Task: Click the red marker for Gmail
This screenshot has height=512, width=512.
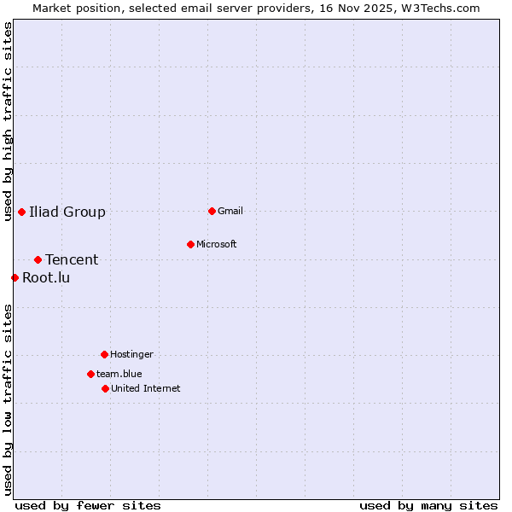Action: click(x=212, y=211)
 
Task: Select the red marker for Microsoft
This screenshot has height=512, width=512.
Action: click(x=190, y=244)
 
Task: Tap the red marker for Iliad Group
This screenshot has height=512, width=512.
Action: click(x=21, y=212)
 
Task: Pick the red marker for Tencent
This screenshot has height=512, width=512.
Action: click(x=38, y=259)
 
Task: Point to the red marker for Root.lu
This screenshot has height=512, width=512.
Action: click(x=15, y=277)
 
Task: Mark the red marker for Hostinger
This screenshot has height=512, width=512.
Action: click(x=104, y=354)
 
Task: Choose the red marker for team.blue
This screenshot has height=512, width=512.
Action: click(x=90, y=374)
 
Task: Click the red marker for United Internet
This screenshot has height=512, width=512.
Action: click(x=105, y=388)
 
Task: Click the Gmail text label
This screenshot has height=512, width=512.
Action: click(x=230, y=211)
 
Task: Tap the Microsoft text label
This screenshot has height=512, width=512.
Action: click(x=217, y=244)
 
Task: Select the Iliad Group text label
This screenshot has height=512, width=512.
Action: click(x=67, y=212)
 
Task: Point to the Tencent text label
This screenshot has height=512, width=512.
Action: click(x=72, y=259)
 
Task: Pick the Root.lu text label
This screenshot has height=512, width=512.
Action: click(x=46, y=277)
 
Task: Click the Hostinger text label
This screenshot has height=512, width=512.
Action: click(x=131, y=354)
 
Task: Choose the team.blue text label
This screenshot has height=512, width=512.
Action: click(x=119, y=374)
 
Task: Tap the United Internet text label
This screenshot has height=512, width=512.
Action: click(x=146, y=388)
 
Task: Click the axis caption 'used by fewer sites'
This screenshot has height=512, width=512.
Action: click(x=88, y=505)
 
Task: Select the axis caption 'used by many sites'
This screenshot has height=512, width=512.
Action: click(x=428, y=505)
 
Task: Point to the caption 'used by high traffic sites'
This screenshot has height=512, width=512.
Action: click(x=9, y=121)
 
